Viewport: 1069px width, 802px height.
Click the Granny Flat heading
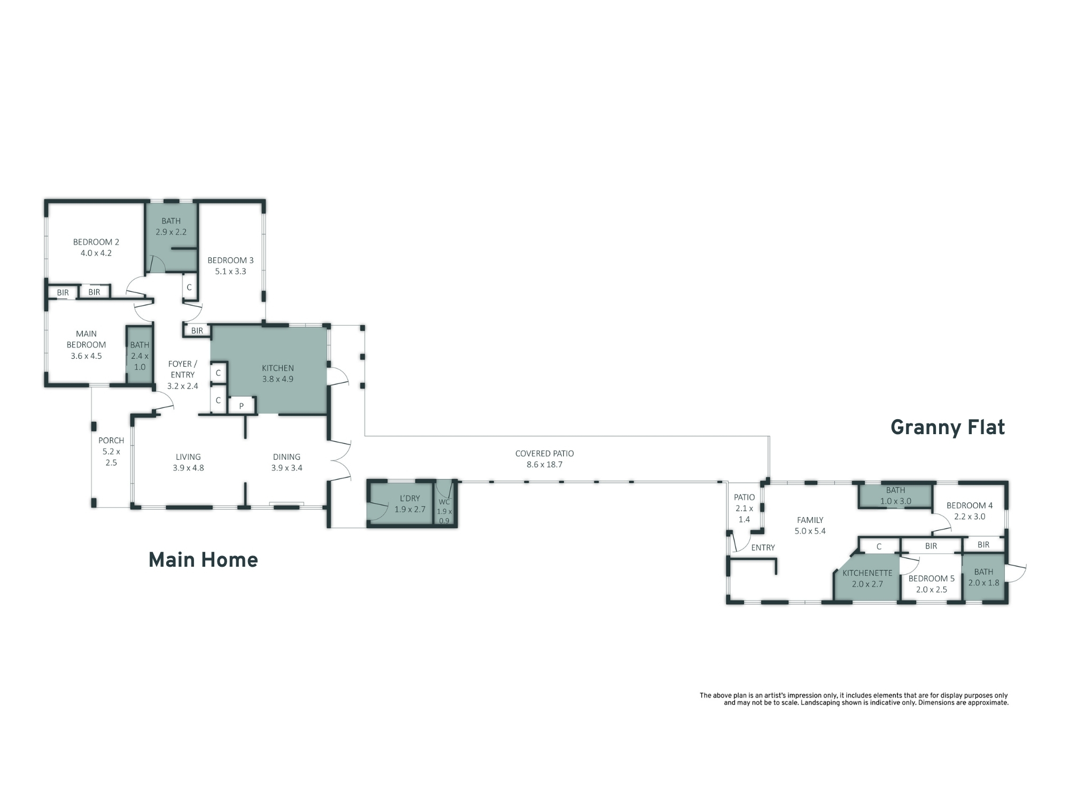tap(948, 428)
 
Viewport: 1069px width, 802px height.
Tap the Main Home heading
tap(203, 560)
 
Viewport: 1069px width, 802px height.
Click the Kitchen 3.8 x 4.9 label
tap(278, 373)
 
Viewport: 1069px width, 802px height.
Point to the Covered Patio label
tap(545, 459)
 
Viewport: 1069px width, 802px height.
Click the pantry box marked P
tap(242, 406)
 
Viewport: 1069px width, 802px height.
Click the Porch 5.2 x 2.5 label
tap(111, 451)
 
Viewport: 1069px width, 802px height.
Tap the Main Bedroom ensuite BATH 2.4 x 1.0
tap(140, 356)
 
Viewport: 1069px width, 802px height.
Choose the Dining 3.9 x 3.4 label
tap(286, 462)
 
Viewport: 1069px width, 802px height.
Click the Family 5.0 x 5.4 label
tap(810, 525)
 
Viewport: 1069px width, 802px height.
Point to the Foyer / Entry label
tap(182, 375)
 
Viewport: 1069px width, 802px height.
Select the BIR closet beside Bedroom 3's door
tap(197, 330)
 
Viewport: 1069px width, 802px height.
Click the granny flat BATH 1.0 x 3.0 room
tap(896, 496)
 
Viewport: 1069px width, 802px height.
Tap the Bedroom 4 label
tap(970, 511)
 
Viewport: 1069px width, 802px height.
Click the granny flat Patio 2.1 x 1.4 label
tap(744, 508)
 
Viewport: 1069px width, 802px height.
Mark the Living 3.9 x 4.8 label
tap(188, 462)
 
